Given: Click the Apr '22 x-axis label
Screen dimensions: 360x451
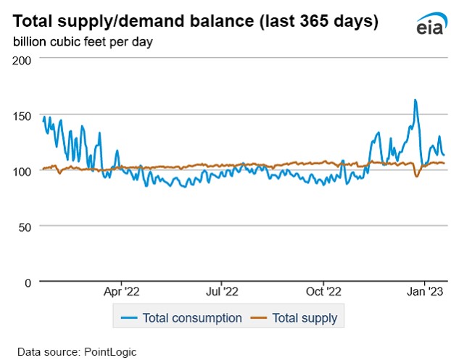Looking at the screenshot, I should click(120, 292).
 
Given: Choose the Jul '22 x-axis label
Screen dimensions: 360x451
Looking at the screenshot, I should click(220, 292).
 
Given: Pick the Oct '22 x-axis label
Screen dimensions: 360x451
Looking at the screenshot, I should click(323, 292).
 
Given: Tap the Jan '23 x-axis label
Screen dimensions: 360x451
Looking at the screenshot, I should click(424, 292).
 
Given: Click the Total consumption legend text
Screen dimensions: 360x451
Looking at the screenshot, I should click(192, 317).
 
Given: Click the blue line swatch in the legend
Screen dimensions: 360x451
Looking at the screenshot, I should click(129, 317).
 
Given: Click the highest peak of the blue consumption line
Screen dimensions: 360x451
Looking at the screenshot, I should click(415, 100).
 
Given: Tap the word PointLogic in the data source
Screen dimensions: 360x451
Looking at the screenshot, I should click(112, 351).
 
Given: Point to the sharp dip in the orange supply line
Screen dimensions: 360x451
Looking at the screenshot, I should click(417, 176).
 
